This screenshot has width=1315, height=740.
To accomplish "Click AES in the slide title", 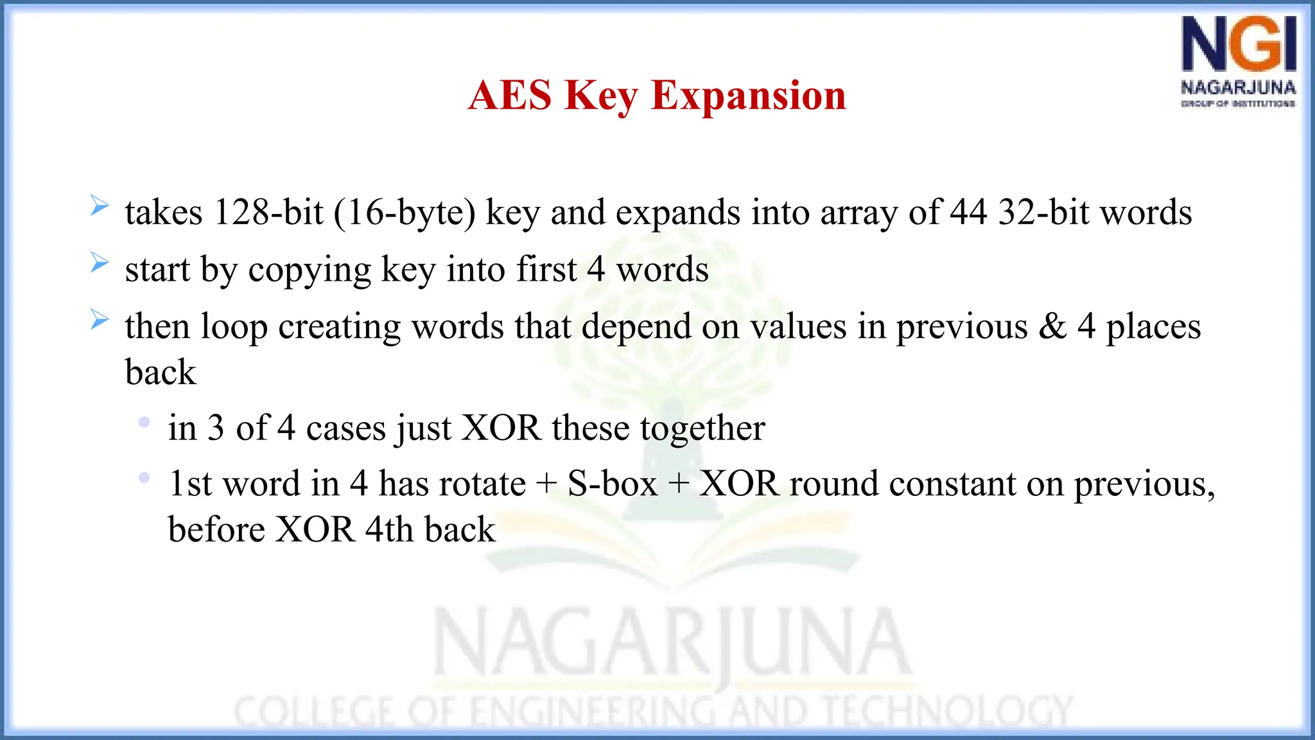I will pos(510,96).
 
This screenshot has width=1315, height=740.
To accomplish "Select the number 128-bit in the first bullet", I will pos(268,213).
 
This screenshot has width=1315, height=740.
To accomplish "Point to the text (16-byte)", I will pos(405,213).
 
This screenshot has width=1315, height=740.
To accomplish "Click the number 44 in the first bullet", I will pos(968,213).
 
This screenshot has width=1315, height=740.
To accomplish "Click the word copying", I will pos(309,270).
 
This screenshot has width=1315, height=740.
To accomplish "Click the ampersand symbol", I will pos(1052,326).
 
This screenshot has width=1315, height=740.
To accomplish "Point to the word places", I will pos(1153,327).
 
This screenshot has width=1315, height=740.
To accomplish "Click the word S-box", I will pos(613,484).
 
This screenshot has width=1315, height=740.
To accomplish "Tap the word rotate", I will pos(484,484).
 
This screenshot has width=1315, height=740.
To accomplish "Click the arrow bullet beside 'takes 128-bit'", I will pos(100,206).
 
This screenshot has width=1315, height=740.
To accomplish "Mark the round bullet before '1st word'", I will pos(144,478).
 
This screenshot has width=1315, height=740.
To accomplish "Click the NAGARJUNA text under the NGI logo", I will pos(1238,87).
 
